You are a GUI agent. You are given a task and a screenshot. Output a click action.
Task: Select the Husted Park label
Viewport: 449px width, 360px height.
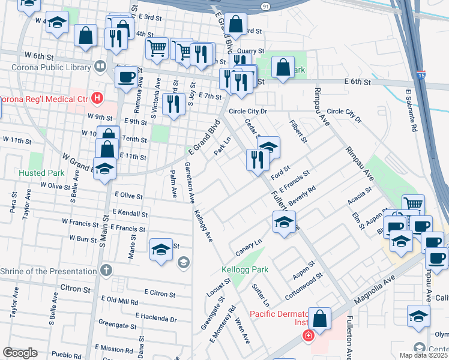click(41, 173)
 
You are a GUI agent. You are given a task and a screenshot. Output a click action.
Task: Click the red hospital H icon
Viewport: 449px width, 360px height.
click(96, 98)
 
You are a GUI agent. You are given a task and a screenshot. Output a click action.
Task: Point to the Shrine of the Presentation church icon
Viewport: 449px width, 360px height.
click(106, 271)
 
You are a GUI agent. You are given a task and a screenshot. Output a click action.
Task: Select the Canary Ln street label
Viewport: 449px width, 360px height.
click(250, 247)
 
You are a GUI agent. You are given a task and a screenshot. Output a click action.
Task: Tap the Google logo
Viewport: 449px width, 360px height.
click(20, 353)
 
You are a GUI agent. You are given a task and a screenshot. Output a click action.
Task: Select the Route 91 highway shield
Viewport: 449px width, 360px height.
click(265, 5)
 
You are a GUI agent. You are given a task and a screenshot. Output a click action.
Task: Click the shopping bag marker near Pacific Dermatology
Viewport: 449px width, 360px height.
click(321, 320)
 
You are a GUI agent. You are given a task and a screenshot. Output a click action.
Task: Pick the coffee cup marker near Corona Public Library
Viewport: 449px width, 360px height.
click(127, 77)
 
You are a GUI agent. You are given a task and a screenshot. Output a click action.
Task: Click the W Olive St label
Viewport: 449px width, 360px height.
click(55, 186)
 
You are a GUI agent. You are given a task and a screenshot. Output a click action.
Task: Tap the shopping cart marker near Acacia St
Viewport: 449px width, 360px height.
click(413, 205)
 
